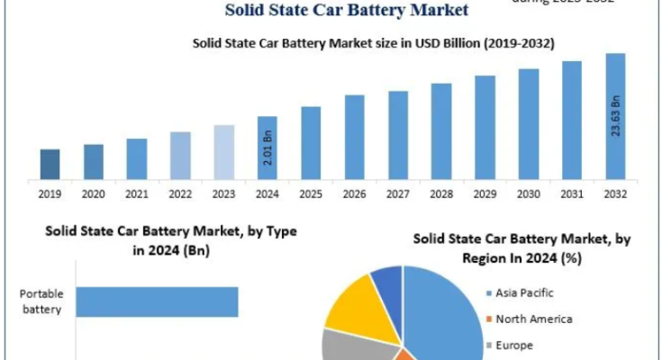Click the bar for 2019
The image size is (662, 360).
pos(50,164)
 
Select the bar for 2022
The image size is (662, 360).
pos(180,156)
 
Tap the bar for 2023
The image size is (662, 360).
pos(224,152)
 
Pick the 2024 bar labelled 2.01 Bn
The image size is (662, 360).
pos(268,148)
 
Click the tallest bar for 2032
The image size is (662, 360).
pos(615,116)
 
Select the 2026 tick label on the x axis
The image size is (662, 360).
pos(354,193)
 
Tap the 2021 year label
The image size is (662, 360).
pos(137,193)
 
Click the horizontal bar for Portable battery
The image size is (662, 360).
pos(157,302)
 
